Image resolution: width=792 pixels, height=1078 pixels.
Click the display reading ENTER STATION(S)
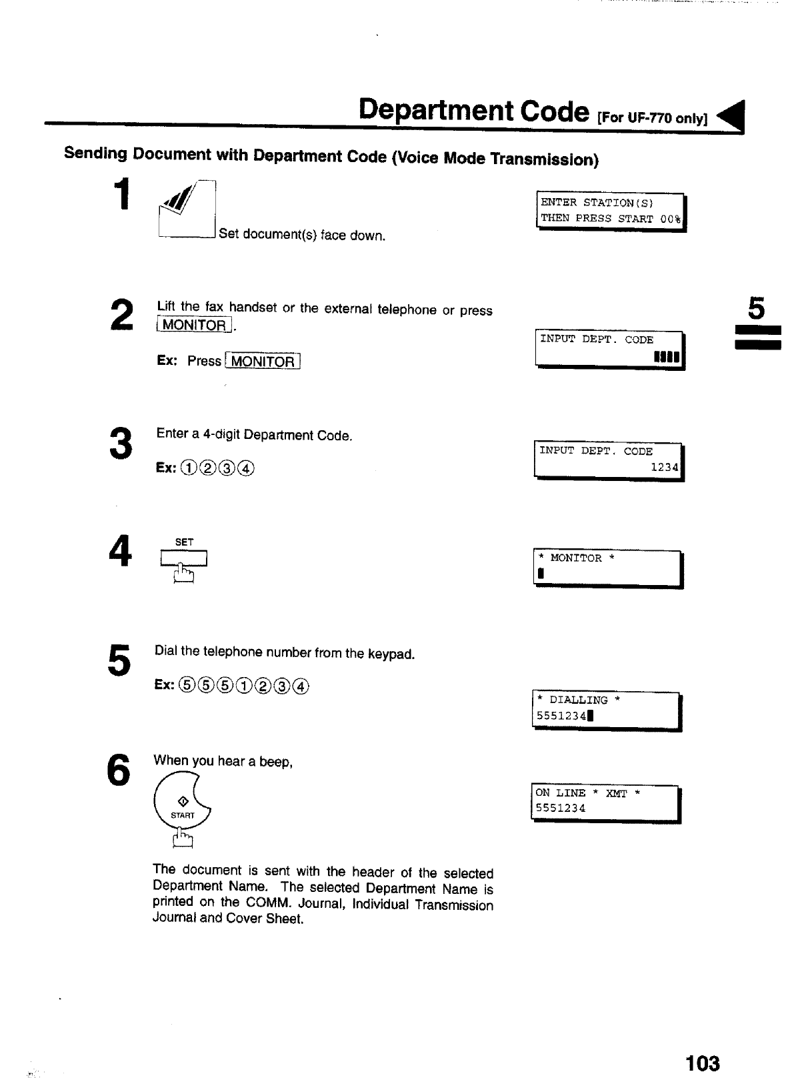click(x=610, y=211)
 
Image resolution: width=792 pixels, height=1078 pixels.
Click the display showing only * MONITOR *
click(x=607, y=568)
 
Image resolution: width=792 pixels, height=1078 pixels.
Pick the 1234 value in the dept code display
click(x=664, y=468)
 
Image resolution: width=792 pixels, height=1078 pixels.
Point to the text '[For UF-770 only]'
click(x=652, y=119)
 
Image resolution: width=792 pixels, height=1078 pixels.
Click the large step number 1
click(x=120, y=195)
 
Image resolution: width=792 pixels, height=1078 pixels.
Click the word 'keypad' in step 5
click(x=395, y=654)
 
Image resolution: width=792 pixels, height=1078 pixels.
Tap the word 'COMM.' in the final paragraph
click(x=269, y=903)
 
